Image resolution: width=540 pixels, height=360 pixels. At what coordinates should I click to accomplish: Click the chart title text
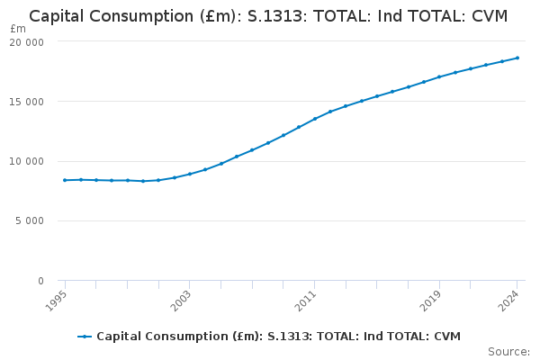pyautogui.click(x=268, y=16)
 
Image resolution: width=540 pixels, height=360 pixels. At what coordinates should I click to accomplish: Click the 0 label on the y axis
pyautogui.click(x=40, y=281)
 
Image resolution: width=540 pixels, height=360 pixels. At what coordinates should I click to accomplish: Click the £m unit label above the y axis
pyautogui.click(x=18, y=29)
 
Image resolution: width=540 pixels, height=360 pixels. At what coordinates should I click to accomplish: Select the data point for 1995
pyautogui.click(x=65, y=180)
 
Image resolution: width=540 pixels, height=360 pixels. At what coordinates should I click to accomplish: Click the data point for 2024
pyautogui.click(x=517, y=58)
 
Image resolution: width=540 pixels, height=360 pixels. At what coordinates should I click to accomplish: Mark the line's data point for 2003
pyautogui.click(x=190, y=174)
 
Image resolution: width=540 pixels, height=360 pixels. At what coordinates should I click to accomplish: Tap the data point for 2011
pyautogui.click(x=315, y=119)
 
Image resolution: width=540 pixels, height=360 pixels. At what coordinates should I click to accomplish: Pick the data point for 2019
pyautogui.click(x=439, y=76)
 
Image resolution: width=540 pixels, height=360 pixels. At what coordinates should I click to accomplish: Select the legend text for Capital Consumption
pyautogui.click(x=278, y=337)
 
